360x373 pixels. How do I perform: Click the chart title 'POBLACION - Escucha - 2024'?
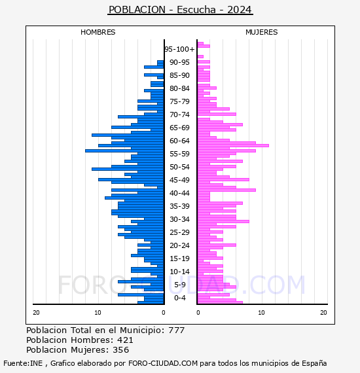tap(180, 10)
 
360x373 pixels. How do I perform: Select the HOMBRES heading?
tap(98, 32)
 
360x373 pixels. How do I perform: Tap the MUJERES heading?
tap(262, 32)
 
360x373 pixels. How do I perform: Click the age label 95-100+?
tap(179, 49)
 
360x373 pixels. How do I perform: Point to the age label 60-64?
tap(179, 141)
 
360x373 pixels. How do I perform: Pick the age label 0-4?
tap(179, 298)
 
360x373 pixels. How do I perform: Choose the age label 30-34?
tap(179, 219)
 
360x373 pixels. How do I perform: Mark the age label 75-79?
tap(179, 101)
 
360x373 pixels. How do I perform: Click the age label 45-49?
tap(179, 180)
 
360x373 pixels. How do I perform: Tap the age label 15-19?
tap(179, 258)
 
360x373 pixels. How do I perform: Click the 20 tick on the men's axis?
tap(36, 313)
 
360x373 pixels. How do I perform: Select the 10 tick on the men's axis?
tap(98, 313)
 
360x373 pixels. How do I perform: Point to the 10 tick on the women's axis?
tap(261, 313)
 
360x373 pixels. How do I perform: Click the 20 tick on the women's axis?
tap(323, 313)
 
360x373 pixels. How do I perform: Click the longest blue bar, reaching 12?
tap(124, 151)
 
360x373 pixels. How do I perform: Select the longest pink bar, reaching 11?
tap(233, 145)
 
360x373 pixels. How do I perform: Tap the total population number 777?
tap(177, 330)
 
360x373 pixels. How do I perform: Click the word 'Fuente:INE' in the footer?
tap(23, 363)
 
